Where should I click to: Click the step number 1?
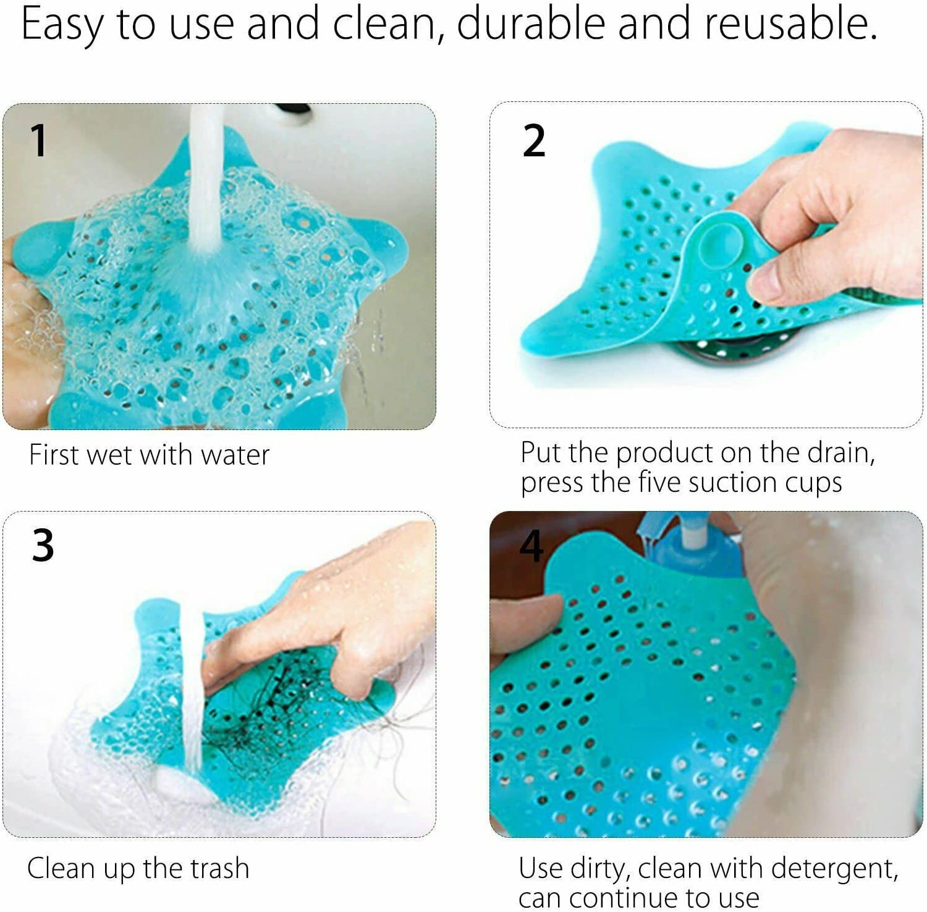[x=38, y=140]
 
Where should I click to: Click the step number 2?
[x=534, y=140]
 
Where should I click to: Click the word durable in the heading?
[x=531, y=23]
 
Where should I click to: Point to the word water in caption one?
[x=235, y=455]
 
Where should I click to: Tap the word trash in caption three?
[x=219, y=868]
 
